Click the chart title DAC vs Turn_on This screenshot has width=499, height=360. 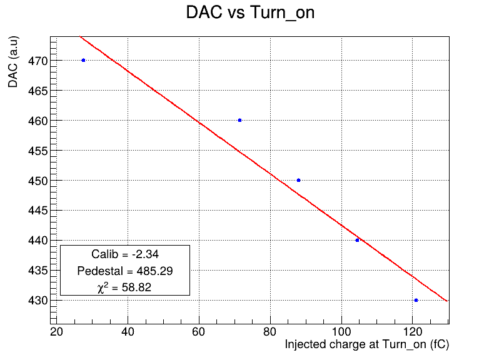250,12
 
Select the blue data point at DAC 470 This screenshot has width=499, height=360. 83,60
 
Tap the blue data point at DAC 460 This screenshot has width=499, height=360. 239,120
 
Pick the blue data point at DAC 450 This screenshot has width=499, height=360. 298,181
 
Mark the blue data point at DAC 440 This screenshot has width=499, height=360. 357,240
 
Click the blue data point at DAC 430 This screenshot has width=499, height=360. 416,300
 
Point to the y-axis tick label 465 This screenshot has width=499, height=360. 38,91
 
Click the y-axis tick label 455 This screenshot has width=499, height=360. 38,151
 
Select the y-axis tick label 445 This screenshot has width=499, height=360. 38,211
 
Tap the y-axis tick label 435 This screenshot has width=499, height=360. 38,271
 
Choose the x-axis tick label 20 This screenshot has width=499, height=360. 56,332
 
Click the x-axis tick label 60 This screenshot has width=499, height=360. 199,332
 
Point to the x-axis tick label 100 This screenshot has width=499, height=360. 341,332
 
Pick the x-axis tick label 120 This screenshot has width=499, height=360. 413,332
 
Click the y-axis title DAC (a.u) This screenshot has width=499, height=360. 13,62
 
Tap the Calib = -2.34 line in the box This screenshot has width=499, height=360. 125,254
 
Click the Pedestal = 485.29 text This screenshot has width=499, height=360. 125,271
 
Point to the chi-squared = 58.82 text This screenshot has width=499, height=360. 124,287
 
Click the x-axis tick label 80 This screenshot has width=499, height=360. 270,332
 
